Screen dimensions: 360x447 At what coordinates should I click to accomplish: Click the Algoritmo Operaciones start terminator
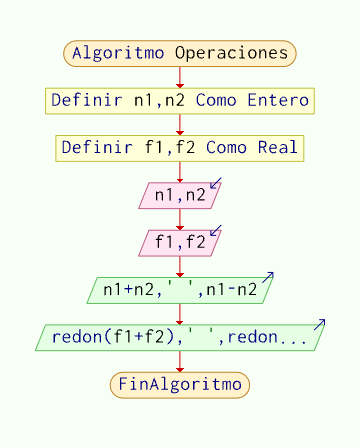click(180, 53)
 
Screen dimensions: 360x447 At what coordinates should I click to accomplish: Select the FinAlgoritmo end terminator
click(180, 384)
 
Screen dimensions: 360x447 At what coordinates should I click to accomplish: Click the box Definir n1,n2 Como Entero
click(180, 101)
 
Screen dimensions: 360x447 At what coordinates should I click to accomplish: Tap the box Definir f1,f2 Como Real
click(180, 148)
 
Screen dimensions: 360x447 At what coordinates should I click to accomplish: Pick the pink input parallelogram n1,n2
click(178, 195)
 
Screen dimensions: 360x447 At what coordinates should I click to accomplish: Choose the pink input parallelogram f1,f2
click(178, 242)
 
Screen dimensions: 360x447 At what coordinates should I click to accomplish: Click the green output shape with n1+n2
click(180, 290)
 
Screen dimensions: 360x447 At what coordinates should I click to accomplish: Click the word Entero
click(280, 101)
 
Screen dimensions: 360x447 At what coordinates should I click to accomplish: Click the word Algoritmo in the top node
click(117, 53)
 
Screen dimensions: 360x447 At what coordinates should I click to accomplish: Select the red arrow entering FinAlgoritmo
click(180, 362)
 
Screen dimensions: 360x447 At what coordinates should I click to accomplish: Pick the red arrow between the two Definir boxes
click(180, 125)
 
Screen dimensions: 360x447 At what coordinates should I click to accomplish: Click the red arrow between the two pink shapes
click(180, 219)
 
